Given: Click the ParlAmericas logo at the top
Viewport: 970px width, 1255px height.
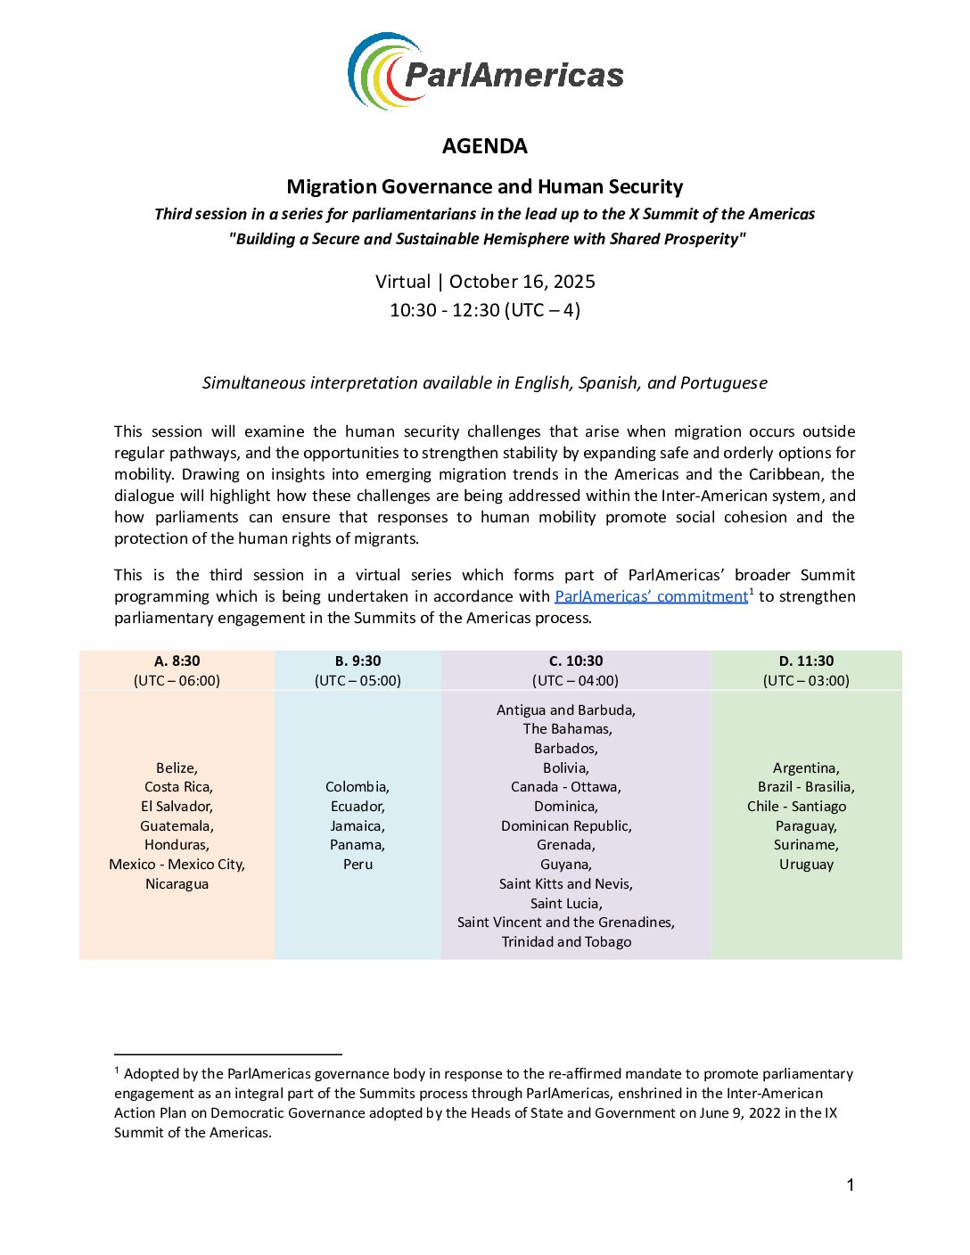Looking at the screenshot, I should pos(485,72).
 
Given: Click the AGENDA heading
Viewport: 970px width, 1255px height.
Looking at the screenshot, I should pos(485,146).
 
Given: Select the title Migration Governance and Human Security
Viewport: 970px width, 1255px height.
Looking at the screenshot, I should pos(485,187).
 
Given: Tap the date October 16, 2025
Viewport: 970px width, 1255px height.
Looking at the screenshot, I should pos(522,282).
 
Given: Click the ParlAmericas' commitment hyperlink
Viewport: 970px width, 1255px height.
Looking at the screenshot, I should pos(651,596).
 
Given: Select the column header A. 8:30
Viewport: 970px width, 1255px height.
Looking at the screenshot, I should pos(177,660).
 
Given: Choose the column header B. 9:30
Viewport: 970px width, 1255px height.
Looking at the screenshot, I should pos(358,660).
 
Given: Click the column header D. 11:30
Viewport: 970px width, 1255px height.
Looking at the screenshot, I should pos(806,660).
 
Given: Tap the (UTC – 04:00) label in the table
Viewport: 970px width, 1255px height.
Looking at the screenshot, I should pos(575,680).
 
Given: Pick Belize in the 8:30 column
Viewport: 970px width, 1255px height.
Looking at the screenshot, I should pos(177,767).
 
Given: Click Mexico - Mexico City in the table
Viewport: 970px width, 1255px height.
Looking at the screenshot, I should pos(177,864).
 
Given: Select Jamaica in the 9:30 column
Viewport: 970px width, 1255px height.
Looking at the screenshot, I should pos(358,825).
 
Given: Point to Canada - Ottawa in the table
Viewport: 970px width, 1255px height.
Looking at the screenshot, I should pos(566,787).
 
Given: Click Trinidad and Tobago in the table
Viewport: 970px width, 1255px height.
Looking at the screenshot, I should pos(566,941).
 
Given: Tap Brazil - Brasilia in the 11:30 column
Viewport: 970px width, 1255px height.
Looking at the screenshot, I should pos(806,787).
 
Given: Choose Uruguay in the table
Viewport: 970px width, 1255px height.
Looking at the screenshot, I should pos(806,864).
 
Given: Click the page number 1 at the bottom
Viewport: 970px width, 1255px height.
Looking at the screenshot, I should pos(851,1185).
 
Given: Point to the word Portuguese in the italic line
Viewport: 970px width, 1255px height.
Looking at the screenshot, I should pos(723,383).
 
